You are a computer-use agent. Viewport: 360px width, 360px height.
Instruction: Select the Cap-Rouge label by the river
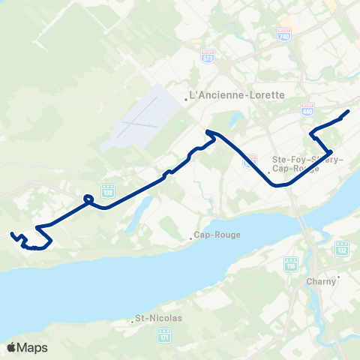pyautogui.click(x=217, y=235)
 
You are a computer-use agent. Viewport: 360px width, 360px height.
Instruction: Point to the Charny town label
pyautogui.click(x=321, y=282)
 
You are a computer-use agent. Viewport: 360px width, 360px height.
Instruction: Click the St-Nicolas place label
pyautogui.click(x=158, y=318)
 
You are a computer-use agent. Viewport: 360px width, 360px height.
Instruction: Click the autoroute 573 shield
pyautogui.click(x=208, y=56)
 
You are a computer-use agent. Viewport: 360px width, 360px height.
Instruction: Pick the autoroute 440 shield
pyautogui.click(x=307, y=109)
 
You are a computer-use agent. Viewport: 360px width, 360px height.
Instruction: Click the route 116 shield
pyautogui.click(x=291, y=264)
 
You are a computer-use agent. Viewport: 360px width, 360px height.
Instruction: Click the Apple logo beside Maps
pyautogui.click(x=11, y=347)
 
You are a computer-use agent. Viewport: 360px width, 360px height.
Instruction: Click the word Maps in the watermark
pyautogui.click(x=32, y=347)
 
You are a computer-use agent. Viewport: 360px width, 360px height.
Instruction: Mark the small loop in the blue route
pyautogui.click(x=88, y=199)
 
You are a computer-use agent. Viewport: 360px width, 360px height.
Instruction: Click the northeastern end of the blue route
pyautogui.click(x=349, y=111)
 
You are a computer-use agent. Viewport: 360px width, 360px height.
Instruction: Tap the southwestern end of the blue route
pyautogui.click(x=11, y=235)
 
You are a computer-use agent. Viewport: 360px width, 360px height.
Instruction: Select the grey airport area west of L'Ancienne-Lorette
pyautogui.click(x=146, y=116)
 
